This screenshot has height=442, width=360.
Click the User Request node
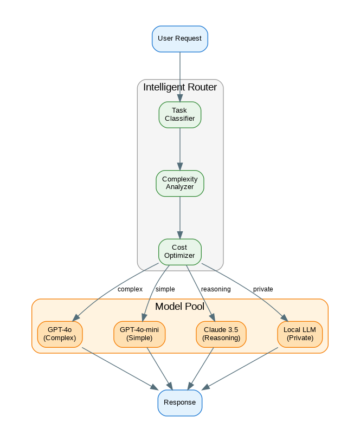tap(179, 39)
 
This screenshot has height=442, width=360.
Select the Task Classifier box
tap(179, 115)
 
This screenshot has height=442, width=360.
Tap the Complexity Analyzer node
tap(179, 183)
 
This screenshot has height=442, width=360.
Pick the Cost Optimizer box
tap(179, 252)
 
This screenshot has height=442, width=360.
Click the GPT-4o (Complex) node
tap(60, 334)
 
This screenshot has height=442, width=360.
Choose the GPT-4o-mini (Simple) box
tap(139, 334)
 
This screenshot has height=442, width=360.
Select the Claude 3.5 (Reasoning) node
tap(221, 334)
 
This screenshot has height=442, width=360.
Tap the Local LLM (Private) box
tap(299, 334)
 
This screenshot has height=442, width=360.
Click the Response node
tap(179, 403)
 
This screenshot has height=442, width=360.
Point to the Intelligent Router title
tap(179, 87)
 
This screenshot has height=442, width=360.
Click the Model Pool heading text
tap(179, 307)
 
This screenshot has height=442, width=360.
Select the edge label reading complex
tap(130, 289)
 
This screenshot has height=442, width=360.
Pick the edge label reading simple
tap(165, 289)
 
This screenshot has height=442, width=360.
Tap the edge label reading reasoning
tap(216, 289)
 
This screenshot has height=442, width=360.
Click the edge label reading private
tap(263, 289)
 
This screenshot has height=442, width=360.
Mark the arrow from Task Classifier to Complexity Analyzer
tap(180, 149)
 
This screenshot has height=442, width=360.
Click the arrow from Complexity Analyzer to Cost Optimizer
tap(180, 217)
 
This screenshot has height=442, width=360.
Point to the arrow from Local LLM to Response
tap(241, 368)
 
